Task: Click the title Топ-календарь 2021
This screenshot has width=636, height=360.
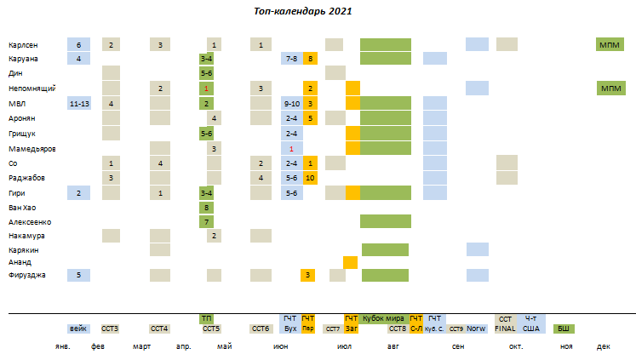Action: click(303, 12)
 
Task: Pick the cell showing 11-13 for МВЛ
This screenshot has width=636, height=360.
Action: click(78, 103)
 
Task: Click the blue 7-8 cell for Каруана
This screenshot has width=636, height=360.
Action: click(291, 59)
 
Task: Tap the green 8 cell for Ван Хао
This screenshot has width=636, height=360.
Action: click(207, 207)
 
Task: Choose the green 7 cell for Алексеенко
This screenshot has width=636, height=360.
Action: click(207, 221)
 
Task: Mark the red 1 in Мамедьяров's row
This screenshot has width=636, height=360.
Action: click(291, 148)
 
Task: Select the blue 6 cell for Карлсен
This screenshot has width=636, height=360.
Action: click(78, 44)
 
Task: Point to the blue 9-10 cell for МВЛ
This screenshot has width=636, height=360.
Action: click(291, 103)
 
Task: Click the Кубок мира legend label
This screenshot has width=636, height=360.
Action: click(384, 317)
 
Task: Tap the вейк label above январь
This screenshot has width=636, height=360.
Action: click(78, 329)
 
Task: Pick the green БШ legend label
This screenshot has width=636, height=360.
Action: click(563, 329)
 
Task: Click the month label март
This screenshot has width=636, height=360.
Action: click(142, 346)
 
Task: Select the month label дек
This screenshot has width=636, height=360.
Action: click(603, 346)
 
